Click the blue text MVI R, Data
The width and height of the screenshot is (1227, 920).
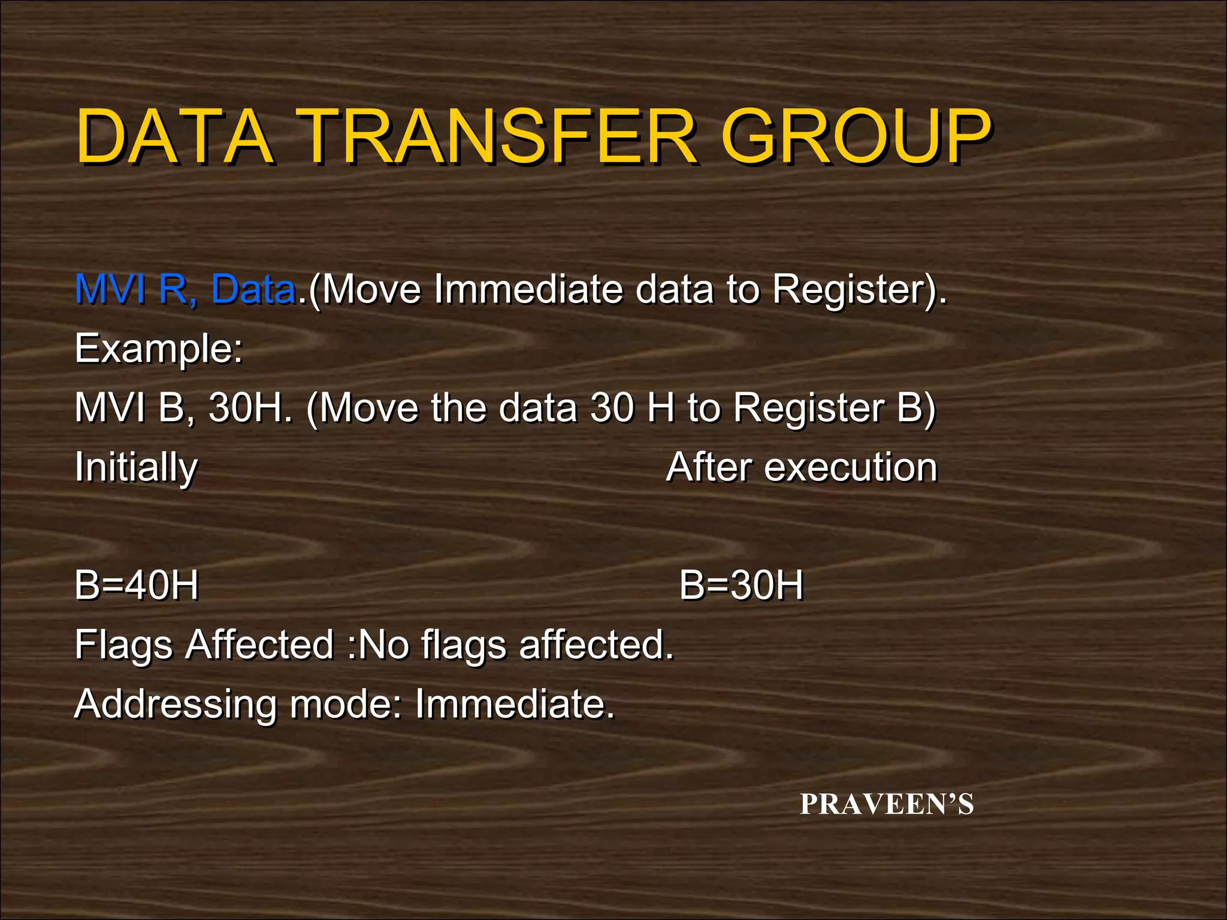pyautogui.click(x=185, y=289)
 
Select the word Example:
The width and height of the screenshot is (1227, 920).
pyautogui.click(x=159, y=349)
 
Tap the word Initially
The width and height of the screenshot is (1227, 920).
pyautogui.click(x=136, y=468)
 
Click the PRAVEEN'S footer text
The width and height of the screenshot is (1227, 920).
pyautogui.click(x=887, y=804)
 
